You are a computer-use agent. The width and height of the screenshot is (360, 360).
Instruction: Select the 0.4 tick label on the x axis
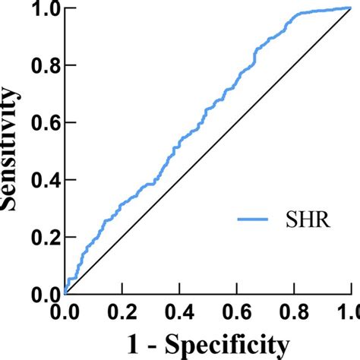(179, 312)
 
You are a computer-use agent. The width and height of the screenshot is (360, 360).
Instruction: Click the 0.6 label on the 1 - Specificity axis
(236, 312)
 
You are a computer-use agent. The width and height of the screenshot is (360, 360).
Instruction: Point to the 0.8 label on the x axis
(293, 312)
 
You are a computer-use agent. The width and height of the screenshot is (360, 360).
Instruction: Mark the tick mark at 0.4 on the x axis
(179, 298)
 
